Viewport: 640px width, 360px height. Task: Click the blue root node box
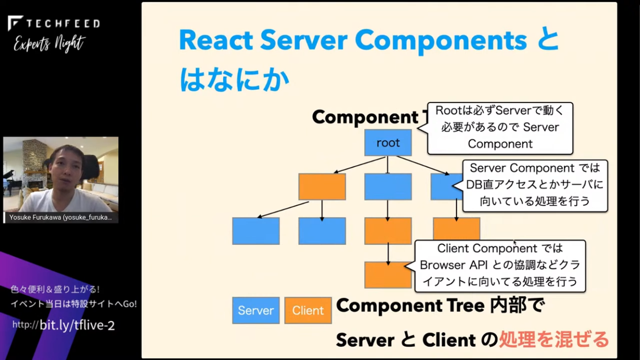388,143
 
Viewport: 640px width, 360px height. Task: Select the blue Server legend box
256,310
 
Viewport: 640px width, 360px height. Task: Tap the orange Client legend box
308,310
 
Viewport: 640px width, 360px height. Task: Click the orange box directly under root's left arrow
322,186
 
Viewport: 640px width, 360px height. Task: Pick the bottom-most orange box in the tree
388,275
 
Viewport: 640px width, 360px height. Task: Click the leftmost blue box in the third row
256,231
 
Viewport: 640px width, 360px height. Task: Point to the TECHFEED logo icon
15,23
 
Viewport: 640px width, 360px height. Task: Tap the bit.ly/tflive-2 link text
77,325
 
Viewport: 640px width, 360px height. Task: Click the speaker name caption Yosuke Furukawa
61,217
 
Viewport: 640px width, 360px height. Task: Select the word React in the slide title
216,40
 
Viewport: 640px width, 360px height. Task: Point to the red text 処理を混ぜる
554,339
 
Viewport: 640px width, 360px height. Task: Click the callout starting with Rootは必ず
500,128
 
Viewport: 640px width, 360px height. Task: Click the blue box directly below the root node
388,186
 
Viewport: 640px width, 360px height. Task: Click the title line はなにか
234,80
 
